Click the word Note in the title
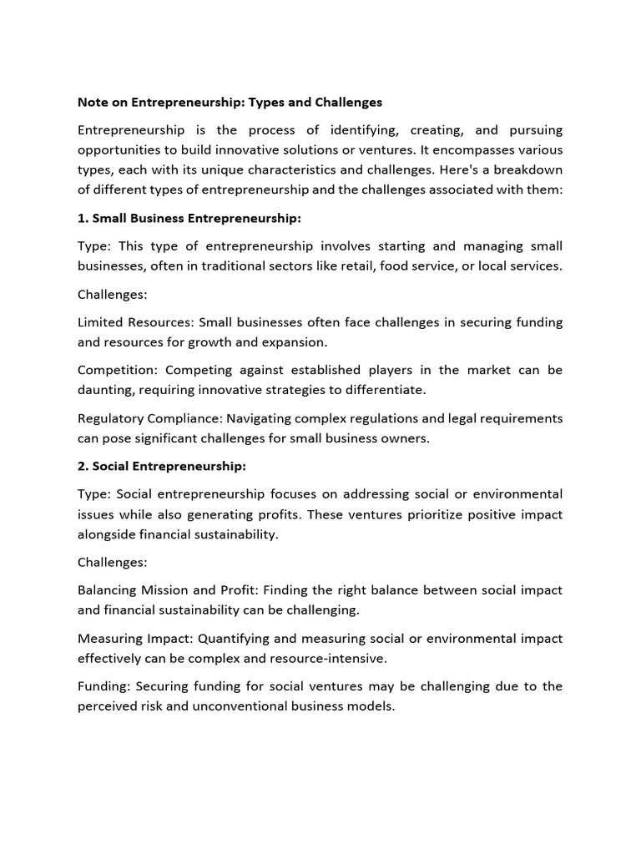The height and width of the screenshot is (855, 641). (x=93, y=102)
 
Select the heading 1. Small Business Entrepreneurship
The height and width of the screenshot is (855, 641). (x=189, y=218)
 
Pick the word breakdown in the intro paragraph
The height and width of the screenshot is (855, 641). (x=526, y=169)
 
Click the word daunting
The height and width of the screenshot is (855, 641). (x=106, y=390)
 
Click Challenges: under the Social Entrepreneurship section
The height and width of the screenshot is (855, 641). (x=111, y=562)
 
